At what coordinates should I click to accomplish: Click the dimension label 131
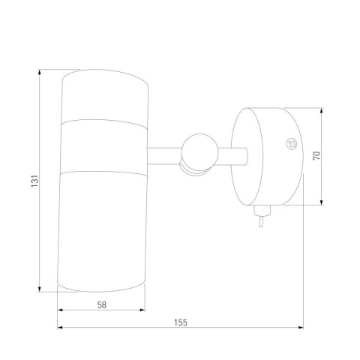34,181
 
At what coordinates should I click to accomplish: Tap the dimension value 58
102,304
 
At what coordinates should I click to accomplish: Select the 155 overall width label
181,322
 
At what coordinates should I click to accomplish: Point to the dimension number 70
316,156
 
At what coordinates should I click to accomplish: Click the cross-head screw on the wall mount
292,144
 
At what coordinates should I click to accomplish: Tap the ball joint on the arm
199,152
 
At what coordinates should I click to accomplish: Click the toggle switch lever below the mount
261,221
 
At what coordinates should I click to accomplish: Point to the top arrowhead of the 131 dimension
39,72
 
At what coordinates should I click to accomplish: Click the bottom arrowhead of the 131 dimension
39,289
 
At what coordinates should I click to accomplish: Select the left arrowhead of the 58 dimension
60,310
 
